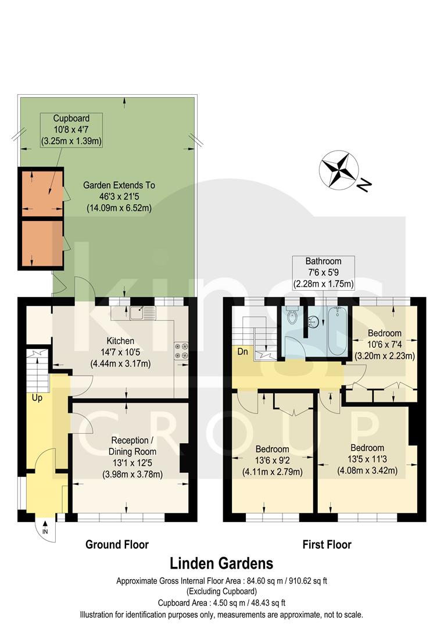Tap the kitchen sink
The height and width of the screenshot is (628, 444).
coord(142,313)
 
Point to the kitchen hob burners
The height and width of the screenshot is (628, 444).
coord(180,351)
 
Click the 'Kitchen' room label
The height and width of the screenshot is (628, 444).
coord(120,341)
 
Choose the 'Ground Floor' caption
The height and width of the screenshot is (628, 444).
coord(117,545)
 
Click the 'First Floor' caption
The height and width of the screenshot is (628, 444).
coord(327,545)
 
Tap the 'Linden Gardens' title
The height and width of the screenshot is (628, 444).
coord(221,563)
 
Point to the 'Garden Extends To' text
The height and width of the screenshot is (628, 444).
coord(119,186)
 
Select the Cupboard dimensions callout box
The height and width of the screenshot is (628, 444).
coord(71,129)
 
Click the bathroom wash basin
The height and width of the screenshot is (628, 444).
coord(314,319)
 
